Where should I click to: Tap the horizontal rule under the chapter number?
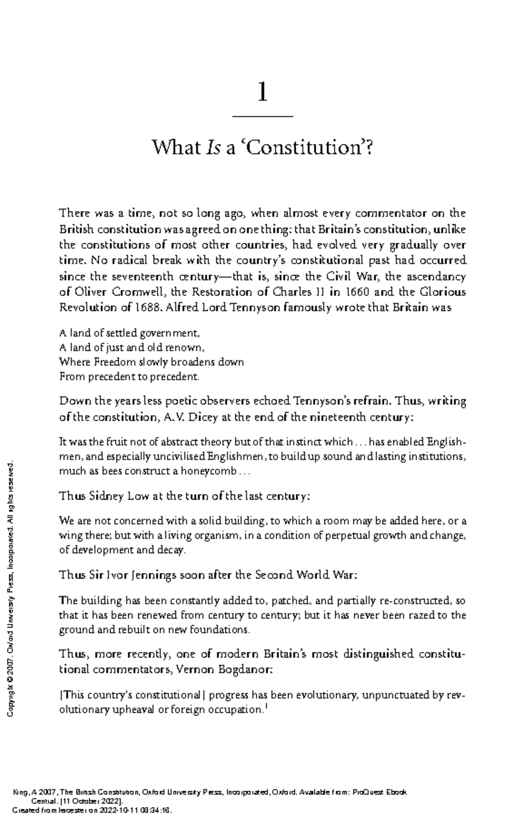pyautogui.click(x=262, y=116)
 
